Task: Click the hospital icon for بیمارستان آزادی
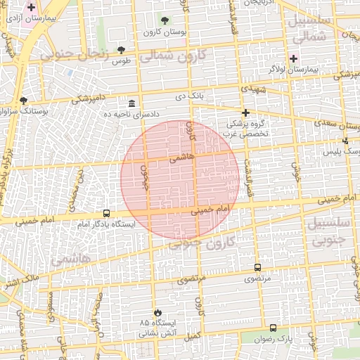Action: click(31, 7)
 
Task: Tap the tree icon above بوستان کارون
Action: click(165, 20)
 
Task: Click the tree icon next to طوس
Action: click(122, 50)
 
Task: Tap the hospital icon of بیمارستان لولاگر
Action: click(293, 58)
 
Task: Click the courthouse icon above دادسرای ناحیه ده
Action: click(132, 103)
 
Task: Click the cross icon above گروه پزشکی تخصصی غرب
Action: click(245, 112)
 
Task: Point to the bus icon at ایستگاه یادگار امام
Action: click(106, 212)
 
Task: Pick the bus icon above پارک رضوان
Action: click(273, 328)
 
